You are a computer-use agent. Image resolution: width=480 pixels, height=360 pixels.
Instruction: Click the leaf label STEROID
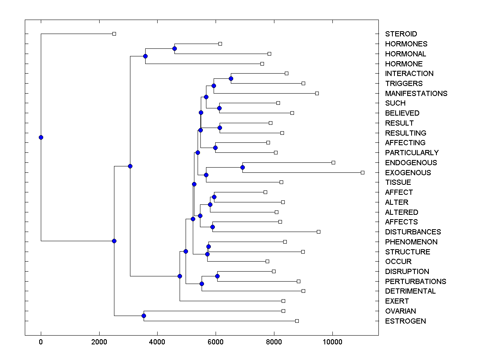pyautogui.click(x=401, y=34)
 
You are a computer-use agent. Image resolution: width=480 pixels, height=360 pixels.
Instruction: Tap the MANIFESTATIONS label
pyautogui.click(x=416, y=94)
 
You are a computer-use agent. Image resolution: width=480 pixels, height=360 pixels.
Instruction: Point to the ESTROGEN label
pyautogui.click(x=405, y=321)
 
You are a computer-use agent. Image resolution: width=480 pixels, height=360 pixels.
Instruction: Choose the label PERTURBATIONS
pyautogui.click(x=416, y=282)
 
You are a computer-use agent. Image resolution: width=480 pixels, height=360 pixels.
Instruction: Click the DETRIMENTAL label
pyautogui.click(x=410, y=291)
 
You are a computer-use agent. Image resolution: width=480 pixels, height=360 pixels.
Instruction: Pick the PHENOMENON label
pyautogui.click(x=411, y=242)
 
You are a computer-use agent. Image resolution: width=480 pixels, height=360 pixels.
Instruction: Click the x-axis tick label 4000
pyautogui.click(x=157, y=342)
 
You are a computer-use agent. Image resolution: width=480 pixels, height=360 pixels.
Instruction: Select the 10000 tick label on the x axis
pyautogui.click(x=332, y=342)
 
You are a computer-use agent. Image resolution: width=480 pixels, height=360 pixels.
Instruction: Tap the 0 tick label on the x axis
pyautogui.click(x=41, y=342)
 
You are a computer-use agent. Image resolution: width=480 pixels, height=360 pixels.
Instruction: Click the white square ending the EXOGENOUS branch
pyautogui.click(x=362, y=172)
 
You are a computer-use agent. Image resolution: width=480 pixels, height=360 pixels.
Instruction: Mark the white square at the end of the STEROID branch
pyautogui.click(x=114, y=34)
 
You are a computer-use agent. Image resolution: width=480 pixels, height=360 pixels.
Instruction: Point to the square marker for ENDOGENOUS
pyautogui.click(x=333, y=162)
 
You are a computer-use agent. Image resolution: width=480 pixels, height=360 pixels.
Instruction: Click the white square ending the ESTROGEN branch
pyautogui.click(x=297, y=321)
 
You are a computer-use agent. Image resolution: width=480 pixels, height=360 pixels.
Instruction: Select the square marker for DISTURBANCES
pyautogui.click(x=318, y=232)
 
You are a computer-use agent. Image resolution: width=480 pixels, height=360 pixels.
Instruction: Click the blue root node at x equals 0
pyautogui.click(x=41, y=137)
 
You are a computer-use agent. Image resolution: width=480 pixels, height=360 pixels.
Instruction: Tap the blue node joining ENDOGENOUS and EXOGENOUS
pyautogui.click(x=242, y=167)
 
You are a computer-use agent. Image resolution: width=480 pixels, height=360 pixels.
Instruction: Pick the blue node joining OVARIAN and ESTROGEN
pyautogui.click(x=144, y=316)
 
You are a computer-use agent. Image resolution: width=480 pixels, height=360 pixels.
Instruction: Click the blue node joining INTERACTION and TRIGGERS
pyautogui.click(x=231, y=78)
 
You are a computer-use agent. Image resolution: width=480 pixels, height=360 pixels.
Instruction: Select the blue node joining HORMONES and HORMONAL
pyautogui.click(x=174, y=48)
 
